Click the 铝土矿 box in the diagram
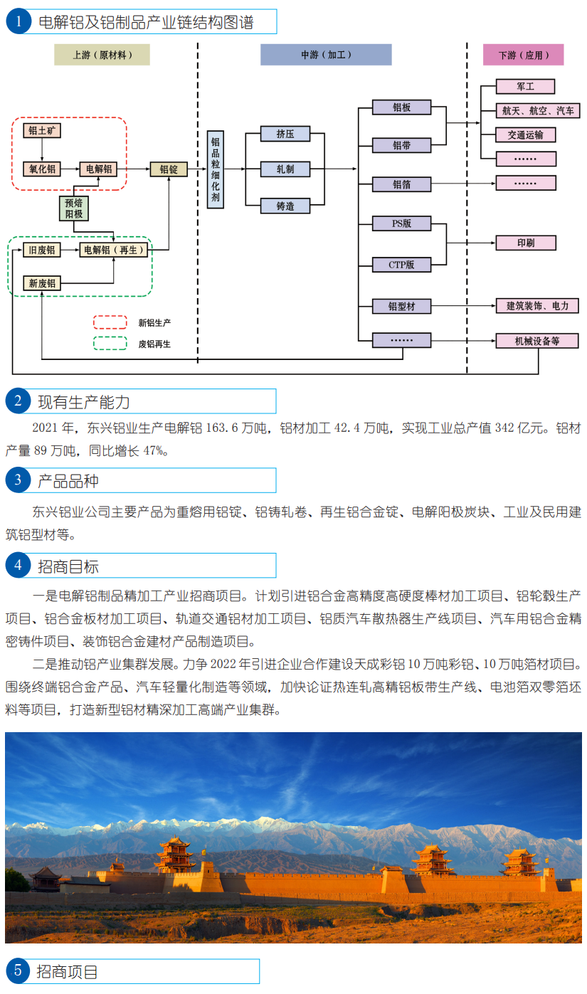tap(42, 130)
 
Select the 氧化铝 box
tap(42, 169)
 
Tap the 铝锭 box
tap(169, 169)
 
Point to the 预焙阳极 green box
tap(74, 208)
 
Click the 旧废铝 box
tap(42, 250)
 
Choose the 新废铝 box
tap(42, 283)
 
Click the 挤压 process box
tap(285, 133)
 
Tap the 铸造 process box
tap(285, 206)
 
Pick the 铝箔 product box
tap(402, 184)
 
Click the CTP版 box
tap(402, 265)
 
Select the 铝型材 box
tap(402, 307)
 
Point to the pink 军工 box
tap(526, 87)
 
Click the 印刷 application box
tap(526, 243)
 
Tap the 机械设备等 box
tap(537, 341)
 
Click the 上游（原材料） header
tap(102, 55)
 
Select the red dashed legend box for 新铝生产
tap(110, 322)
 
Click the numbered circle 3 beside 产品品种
tap(17, 480)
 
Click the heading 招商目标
tap(68, 566)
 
